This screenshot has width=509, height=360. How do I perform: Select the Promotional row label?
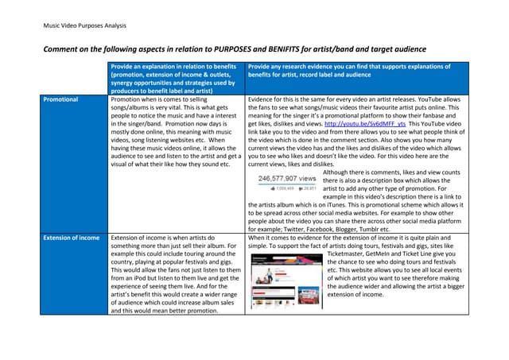(61, 100)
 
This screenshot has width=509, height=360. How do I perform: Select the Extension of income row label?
(72, 238)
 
